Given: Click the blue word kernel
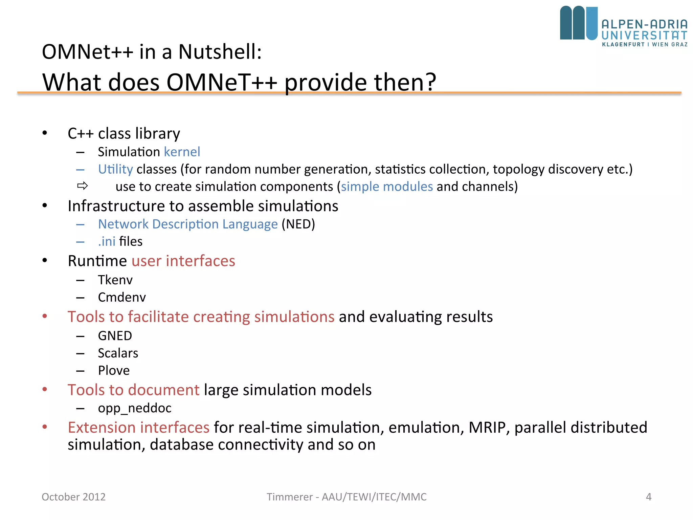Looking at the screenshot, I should click(x=182, y=152).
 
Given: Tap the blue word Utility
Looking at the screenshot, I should click(x=115, y=169).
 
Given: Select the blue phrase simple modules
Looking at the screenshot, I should click(x=387, y=187).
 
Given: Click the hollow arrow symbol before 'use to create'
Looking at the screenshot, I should click(x=83, y=186).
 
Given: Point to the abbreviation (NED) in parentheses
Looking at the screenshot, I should click(x=298, y=224).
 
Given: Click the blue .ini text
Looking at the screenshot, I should click(x=107, y=241).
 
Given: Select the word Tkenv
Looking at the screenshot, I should click(x=115, y=280).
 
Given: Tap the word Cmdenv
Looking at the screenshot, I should click(x=122, y=297).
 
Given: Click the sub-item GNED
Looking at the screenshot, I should click(x=115, y=336).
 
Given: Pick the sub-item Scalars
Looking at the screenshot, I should click(x=118, y=353).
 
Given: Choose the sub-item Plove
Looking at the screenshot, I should click(x=114, y=370).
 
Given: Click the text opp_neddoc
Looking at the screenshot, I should click(x=134, y=408).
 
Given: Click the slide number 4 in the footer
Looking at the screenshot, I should click(x=648, y=497).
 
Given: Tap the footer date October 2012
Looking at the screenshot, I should click(x=73, y=497).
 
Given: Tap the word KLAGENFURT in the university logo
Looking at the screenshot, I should click(x=623, y=44).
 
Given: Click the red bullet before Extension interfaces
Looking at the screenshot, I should click(x=45, y=427).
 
